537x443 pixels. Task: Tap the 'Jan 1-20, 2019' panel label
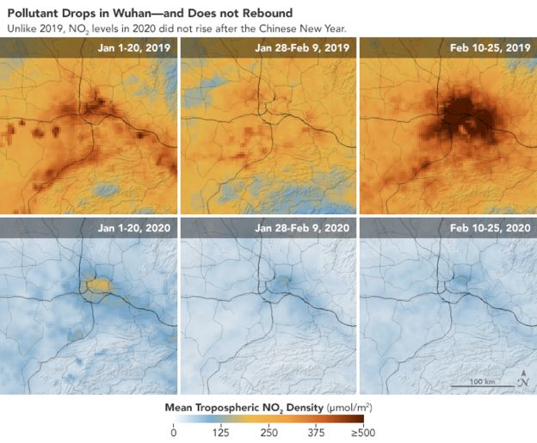coord(133,48)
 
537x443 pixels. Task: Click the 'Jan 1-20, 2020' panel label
coord(133,228)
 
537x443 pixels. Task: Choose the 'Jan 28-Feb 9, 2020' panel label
coord(302,228)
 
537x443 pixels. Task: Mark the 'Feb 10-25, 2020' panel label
coord(486,228)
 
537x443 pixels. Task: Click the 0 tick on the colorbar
coord(175,433)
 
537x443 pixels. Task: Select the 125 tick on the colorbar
coord(222,433)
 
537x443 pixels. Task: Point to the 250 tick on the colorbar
coord(269,433)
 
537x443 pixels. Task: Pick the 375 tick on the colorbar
coord(317,433)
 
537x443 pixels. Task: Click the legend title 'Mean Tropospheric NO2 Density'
coord(241,404)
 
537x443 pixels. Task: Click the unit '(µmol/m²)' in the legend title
coord(349,404)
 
